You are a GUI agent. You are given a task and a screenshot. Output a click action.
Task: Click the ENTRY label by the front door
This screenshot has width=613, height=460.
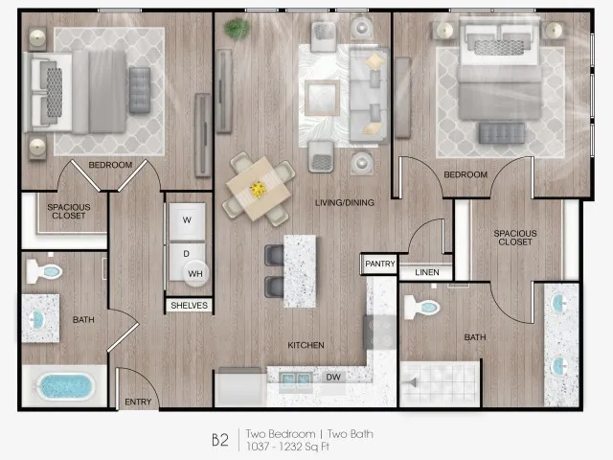click(x=138, y=402)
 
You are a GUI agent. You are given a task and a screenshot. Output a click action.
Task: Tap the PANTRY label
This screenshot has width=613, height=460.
click(x=380, y=264)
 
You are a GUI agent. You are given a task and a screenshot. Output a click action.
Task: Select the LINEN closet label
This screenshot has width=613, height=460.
click(x=427, y=272)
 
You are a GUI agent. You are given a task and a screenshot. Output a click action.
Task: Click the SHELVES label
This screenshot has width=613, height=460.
click(x=190, y=305)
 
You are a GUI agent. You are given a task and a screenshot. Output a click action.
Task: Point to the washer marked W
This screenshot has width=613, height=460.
click(x=188, y=220)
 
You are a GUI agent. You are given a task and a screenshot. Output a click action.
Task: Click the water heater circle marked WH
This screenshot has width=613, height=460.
click(x=195, y=273)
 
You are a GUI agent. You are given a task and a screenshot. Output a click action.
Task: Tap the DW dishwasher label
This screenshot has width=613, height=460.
click(x=333, y=377)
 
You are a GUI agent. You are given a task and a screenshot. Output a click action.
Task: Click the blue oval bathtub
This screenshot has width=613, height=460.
click(x=66, y=387)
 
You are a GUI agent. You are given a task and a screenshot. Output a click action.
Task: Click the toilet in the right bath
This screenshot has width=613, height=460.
click(x=421, y=307)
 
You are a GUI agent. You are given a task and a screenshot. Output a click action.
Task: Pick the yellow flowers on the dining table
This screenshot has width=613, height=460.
click(x=258, y=190)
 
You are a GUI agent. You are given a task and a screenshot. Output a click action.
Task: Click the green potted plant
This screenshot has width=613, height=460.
click(x=237, y=29)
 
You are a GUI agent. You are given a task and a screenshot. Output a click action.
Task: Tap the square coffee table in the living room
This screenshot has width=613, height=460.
click(x=322, y=98)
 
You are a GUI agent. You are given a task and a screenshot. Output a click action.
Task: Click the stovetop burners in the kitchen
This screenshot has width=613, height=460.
click(x=380, y=333)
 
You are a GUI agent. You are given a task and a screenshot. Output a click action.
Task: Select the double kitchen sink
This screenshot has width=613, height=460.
click(x=296, y=379)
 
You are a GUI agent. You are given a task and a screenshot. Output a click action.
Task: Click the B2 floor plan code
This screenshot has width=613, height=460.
click(x=220, y=440)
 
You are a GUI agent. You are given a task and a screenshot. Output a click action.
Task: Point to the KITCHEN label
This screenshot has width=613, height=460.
click(x=306, y=345)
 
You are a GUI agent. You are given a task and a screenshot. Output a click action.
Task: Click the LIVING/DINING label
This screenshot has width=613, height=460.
click(x=345, y=202)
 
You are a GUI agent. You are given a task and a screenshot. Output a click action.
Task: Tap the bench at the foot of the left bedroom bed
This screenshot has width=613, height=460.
click(x=140, y=90)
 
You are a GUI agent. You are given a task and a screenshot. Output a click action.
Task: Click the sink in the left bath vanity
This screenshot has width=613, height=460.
click(x=37, y=319)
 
